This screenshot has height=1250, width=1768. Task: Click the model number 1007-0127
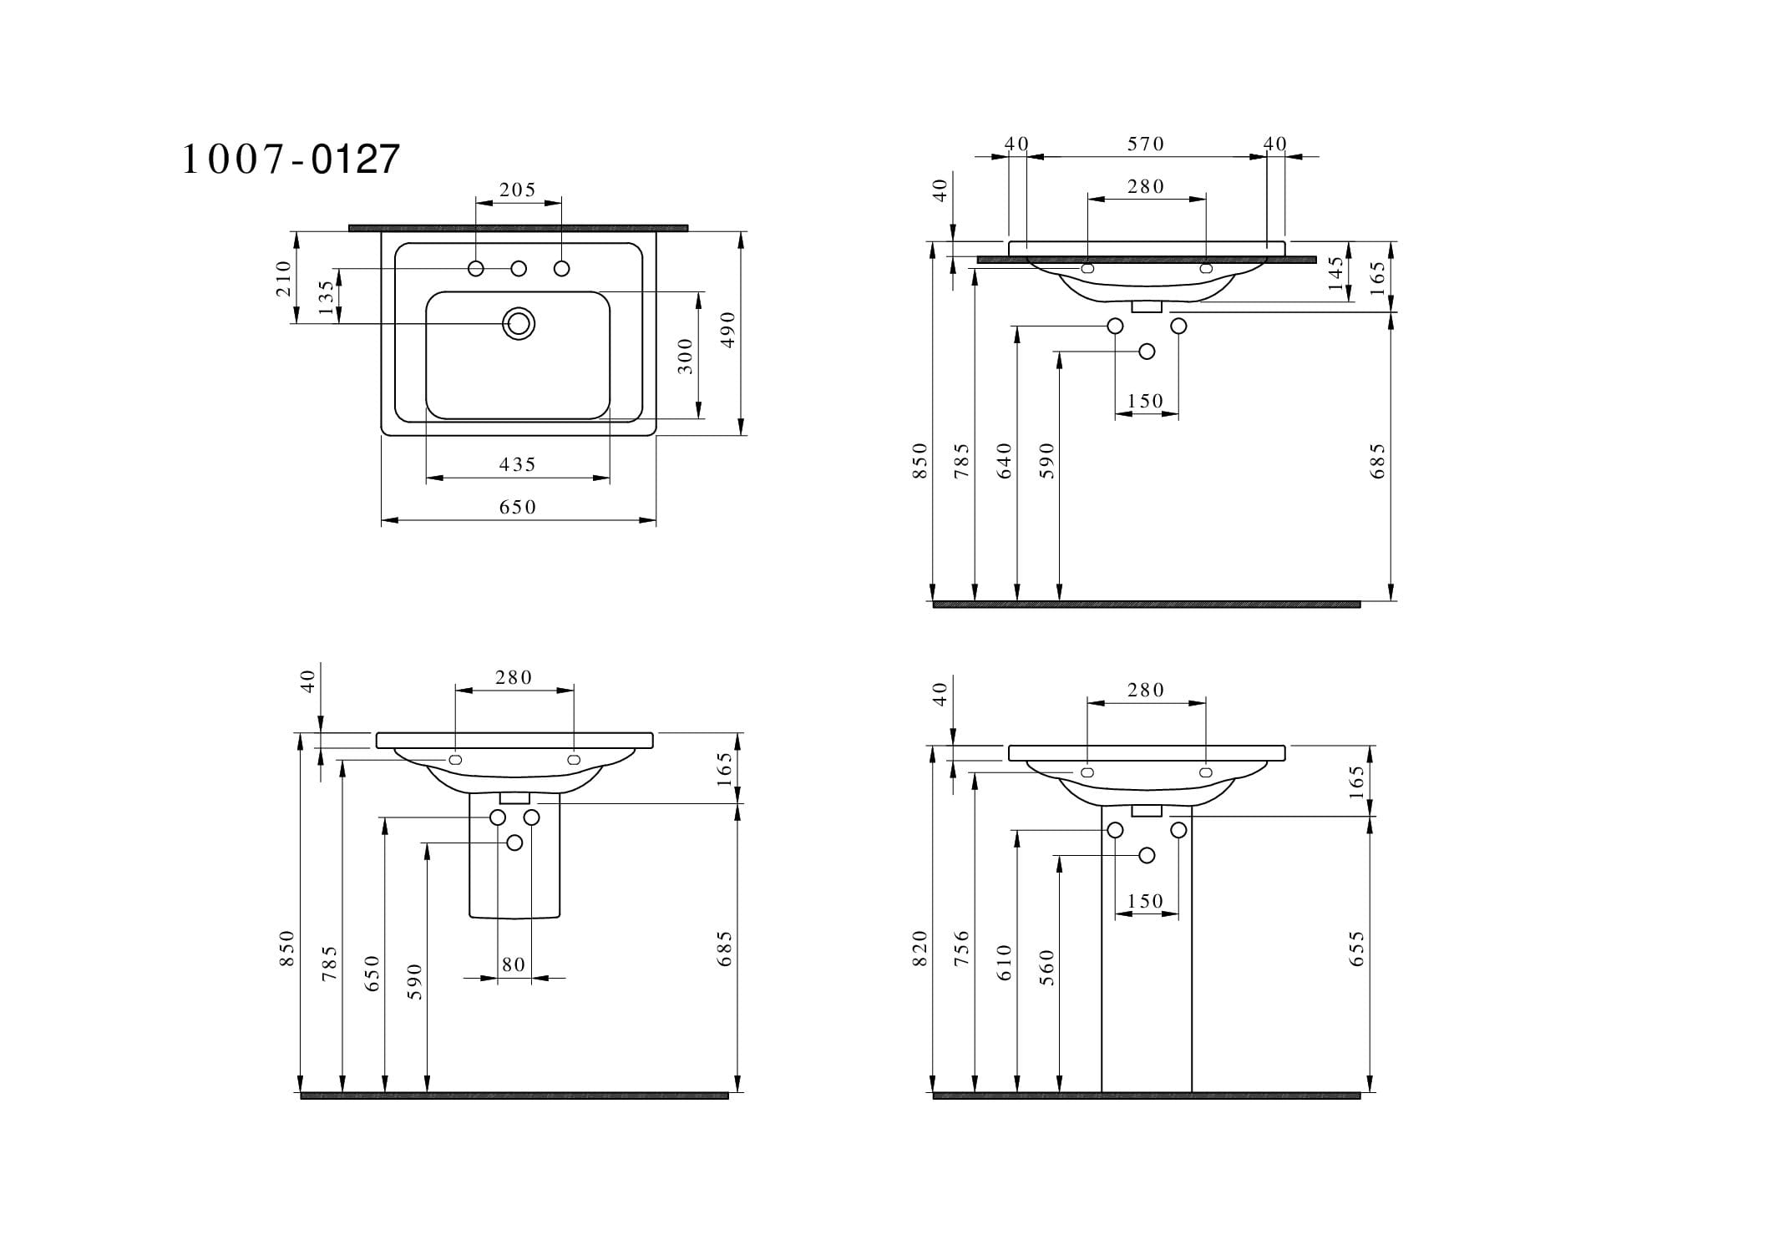point(291,159)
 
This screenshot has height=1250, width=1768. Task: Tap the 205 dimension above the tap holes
point(518,190)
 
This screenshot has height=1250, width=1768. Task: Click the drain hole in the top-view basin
point(519,323)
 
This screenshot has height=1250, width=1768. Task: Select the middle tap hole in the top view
point(519,268)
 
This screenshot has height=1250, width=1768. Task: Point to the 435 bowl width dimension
point(518,464)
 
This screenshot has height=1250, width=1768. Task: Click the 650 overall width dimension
point(518,507)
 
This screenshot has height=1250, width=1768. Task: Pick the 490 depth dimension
point(727,330)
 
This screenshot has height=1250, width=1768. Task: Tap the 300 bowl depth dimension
point(686,356)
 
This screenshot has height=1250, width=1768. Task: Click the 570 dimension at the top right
point(1146,144)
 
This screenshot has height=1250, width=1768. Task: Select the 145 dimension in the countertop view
point(1336,273)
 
